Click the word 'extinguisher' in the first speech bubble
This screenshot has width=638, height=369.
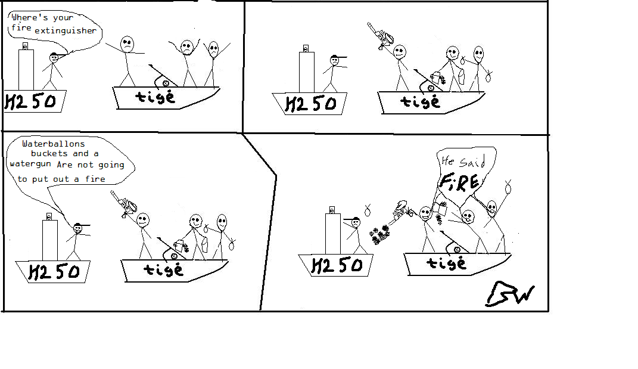(x=65, y=30)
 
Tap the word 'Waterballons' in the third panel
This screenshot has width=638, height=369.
(x=53, y=144)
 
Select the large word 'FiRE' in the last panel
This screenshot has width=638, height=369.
(x=459, y=182)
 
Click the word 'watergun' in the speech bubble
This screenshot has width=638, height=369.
(x=30, y=164)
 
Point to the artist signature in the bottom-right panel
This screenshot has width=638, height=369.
(x=510, y=294)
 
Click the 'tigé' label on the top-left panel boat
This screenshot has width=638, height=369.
(x=155, y=97)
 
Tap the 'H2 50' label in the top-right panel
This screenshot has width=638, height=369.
(x=311, y=104)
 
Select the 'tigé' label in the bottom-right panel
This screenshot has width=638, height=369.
(x=446, y=263)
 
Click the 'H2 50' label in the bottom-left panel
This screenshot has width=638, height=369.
(x=54, y=272)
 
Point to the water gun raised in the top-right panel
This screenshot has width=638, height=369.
(x=381, y=36)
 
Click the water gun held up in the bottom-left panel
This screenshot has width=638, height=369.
(x=124, y=204)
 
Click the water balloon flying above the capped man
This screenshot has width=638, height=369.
(x=368, y=210)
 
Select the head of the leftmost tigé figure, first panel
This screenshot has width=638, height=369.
(x=127, y=44)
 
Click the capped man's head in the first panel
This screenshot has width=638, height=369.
(x=54, y=57)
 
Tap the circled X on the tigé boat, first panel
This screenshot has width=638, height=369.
(x=166, y=83)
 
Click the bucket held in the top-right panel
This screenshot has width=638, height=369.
(x=435, y=77)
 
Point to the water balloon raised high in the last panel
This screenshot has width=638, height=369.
(x=508, y=187)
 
